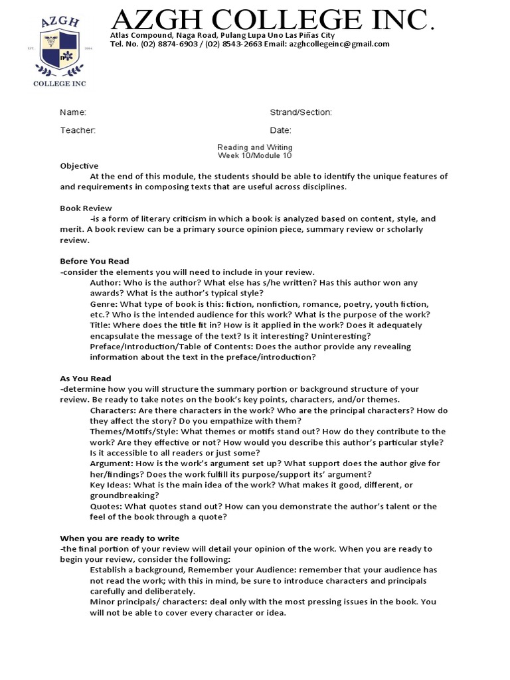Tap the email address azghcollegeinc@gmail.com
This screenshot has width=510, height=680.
click(x=339, y=44)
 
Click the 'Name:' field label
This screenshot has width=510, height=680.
click(x=73, y=113)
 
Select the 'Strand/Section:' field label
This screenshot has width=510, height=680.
click(x=301, y=113)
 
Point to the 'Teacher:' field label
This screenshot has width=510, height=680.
click(x=78, y=130)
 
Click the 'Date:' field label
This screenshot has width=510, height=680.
click(x=280, y=130)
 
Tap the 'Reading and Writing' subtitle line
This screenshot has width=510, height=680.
click(x=255, y=147)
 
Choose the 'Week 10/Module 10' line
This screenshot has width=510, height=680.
click(x=255, y=155)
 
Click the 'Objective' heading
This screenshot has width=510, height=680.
click(x=79, y=166)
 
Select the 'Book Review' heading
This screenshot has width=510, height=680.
click(x=86, y=209)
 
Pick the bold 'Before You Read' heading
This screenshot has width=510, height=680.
click(x=94, y=262)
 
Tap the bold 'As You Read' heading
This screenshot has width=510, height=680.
click(x=86, y=379)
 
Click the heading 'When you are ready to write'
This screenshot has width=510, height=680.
click(x=120, y=538)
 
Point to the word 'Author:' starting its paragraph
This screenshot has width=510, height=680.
click(x=105, y=283)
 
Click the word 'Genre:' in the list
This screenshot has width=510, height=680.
click(x=104, y=304)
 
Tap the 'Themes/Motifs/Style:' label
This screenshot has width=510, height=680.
click(x=133, y=432)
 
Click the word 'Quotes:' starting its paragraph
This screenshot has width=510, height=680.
click(x=106, y=506)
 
